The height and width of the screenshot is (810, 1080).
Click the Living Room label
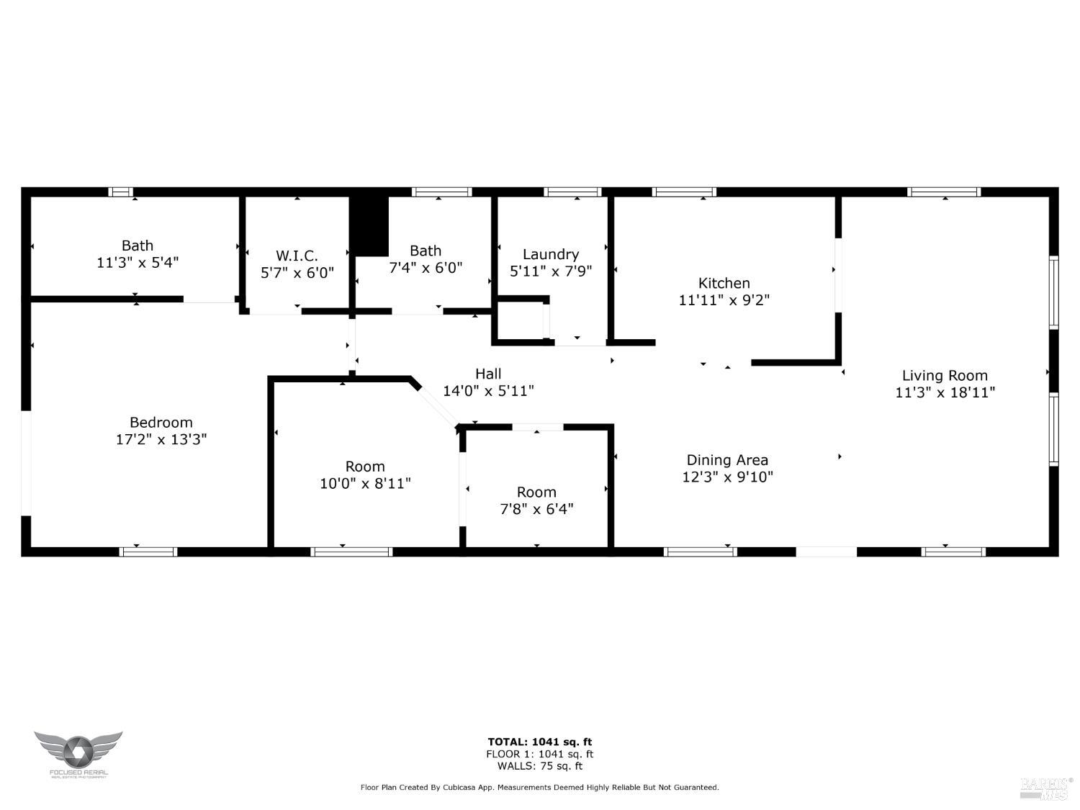point(945,375)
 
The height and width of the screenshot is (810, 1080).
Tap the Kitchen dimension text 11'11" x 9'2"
point(724,300)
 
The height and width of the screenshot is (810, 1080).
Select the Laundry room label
point(551,254)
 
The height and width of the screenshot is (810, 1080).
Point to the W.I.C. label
point(297,256)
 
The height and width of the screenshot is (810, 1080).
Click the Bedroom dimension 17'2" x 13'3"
point(161,439)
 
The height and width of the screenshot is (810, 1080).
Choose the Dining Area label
point(727,459)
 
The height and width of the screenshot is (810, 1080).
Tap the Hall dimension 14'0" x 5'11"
point(488,391)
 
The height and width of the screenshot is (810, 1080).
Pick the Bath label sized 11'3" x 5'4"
point(137,246)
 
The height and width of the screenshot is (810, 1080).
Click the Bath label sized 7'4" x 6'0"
point(426,251)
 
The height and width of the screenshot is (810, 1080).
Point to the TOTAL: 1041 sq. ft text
point(540,742)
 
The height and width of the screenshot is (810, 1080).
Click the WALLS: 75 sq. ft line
point(540,766)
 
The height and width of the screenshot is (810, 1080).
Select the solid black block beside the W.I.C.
point(369,225)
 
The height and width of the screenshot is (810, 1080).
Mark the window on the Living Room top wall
point(944,192)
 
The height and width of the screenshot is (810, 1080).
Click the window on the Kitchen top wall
point(684,192)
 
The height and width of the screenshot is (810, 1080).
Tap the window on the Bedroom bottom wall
point(148,552)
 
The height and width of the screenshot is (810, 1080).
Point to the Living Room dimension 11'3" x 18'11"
point(945,392)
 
